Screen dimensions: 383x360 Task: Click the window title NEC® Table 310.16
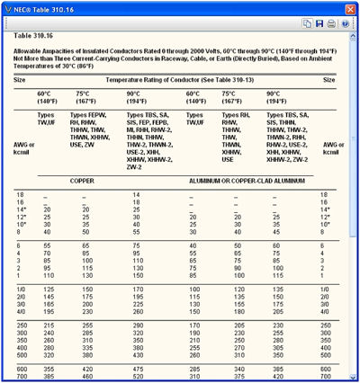click(x=45, y=6)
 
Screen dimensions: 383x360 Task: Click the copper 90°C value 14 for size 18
click(x=136, y=194)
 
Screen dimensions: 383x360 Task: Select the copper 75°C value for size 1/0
click(x=87, y=289)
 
